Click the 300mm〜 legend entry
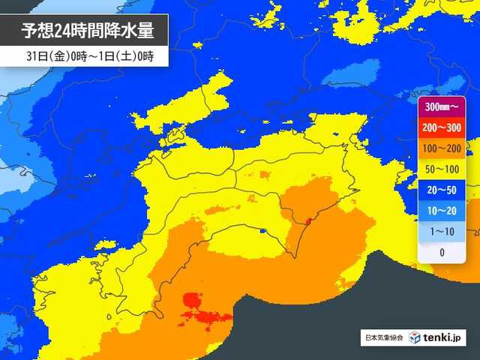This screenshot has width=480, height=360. [442, 108]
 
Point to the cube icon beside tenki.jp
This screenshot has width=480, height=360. [415, 338]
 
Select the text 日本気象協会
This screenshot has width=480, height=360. [382, 338]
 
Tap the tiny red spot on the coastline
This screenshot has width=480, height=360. [307, 220]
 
